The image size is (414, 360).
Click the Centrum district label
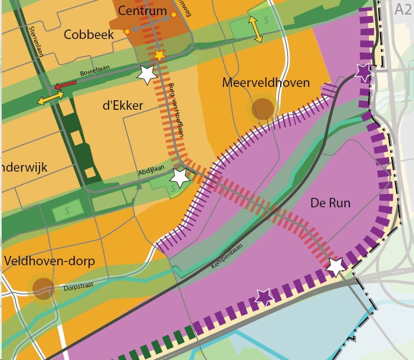point(143,11)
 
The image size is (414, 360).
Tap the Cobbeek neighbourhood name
point(89,35)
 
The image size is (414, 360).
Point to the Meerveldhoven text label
point(265,83)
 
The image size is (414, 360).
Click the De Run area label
point(330,203)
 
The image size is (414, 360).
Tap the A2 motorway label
point(402,9)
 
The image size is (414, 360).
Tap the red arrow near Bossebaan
point(65,85)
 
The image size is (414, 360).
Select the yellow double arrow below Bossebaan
point(51,99)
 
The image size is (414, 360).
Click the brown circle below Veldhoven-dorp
point(43,289)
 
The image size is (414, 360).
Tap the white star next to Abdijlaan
point(179,178)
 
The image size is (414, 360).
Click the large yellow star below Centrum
point(160,55)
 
